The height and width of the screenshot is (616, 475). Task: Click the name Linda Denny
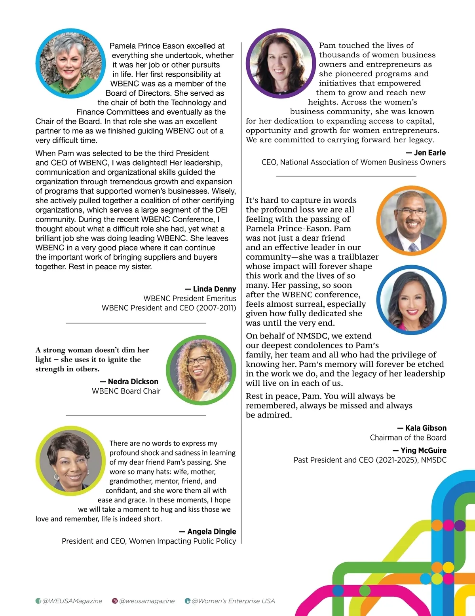pos(214,289)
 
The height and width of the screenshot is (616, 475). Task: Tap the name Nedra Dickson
pos(133,382)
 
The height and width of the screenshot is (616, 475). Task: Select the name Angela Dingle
pos(211,531)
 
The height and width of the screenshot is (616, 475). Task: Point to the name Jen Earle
pos(429,153)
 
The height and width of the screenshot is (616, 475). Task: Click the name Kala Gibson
pos(426,428)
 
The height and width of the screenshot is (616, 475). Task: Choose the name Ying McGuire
pos(423,450)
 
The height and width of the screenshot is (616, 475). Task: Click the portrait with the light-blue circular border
pos(71,63)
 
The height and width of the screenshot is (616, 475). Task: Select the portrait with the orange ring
pos(411,221)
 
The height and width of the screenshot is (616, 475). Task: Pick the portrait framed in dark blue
pos(411,300)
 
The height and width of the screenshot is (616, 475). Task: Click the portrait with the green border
pos(201,370)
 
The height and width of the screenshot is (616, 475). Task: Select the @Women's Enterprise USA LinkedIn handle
pos(233,601)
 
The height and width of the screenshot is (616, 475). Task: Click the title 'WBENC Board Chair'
pos(126,391)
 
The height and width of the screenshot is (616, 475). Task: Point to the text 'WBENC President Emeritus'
pos(190,299)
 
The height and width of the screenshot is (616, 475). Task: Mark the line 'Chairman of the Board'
pos(408,437)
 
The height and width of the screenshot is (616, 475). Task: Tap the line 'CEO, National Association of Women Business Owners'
pos(353,162)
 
